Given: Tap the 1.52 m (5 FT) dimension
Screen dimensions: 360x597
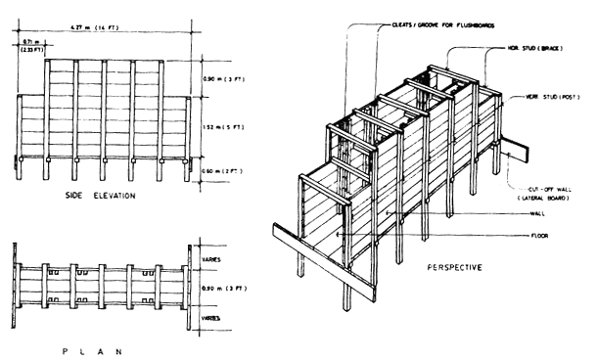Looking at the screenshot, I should click(x=221, y=126).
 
